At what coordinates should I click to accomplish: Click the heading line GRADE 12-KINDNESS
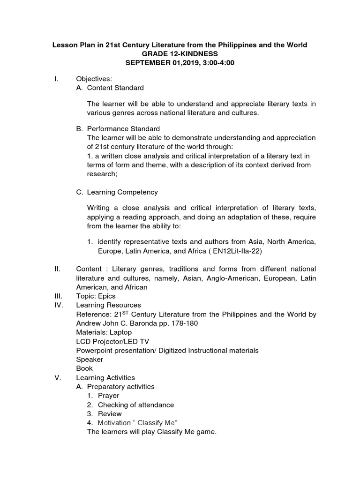coord(180,54)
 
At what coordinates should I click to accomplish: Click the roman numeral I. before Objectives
coord(56,79)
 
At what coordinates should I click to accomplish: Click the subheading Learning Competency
coord(122,192)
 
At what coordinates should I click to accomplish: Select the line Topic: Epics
coord(96,296)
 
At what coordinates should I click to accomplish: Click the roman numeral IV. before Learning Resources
coord(58,305)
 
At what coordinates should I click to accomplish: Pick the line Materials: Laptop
coord(104,332)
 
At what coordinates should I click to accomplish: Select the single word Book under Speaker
coord(84,368)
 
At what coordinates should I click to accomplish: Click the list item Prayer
coord(108,396)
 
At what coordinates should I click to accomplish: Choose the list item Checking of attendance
coord(135,405)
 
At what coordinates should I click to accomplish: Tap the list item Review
coord(110,414)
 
